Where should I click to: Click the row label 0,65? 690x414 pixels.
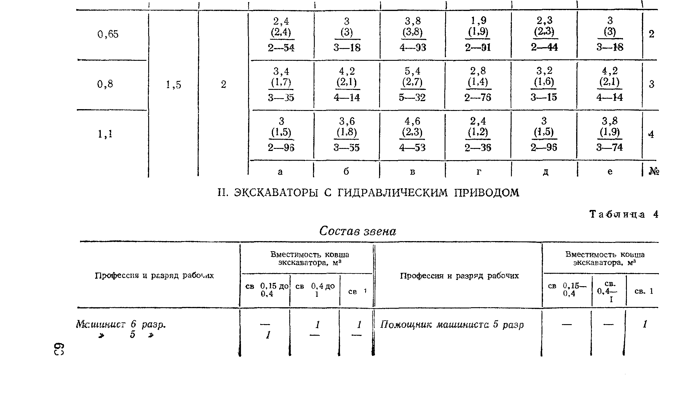point(108,34)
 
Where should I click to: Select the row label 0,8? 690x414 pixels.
point(105,85)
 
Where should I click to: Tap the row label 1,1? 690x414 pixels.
point(105,135)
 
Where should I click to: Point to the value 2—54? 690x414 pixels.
point(281,48)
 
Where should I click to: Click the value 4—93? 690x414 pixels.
point(413,48)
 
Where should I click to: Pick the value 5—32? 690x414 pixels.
point(412,98)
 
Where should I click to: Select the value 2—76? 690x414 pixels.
point(478,98)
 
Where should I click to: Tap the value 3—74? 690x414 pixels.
point(609,147)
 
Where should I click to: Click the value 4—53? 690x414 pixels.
point(412,147)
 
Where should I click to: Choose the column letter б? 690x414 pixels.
point(346,171)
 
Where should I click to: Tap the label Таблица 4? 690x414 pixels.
point(624,214)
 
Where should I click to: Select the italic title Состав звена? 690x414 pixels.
point(358,231)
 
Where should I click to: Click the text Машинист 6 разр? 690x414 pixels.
point(121,324)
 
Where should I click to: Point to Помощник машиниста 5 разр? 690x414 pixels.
point(452,324)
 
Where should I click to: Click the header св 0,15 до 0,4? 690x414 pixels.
point(267,290)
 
